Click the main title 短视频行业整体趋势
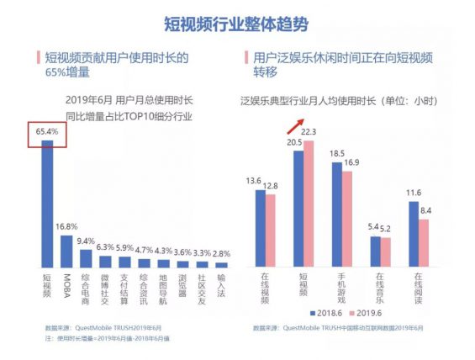pyautogui.click(x=237, y=23)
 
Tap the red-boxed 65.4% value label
pyautogui.click(x=47, y=131)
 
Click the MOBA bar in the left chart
pyautogui.click(x=66, y=250)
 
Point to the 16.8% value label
pyautogui.click(x=67, y=226)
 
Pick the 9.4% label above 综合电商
pyautogui.click(x=86, y=241)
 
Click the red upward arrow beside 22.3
pyautogui.click(x=293, y=125)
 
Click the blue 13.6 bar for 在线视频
pyautogui.click(x=260, y=227)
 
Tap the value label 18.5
pyautogui.click(x=337, y=154)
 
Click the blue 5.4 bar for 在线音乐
pyautogui.click(x=376, y=251)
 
